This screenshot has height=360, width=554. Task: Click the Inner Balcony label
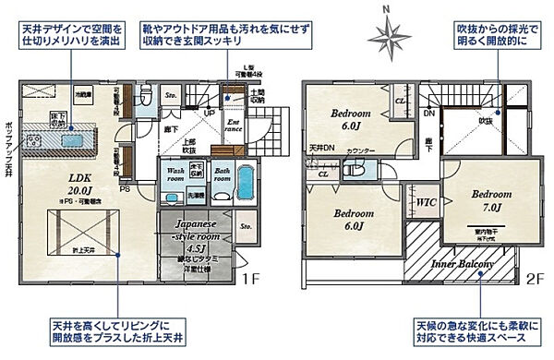(x=464, y=264)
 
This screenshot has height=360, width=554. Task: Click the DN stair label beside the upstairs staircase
(x=429, y=113)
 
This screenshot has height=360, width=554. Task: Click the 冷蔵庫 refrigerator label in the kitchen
(x=83, y=94)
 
